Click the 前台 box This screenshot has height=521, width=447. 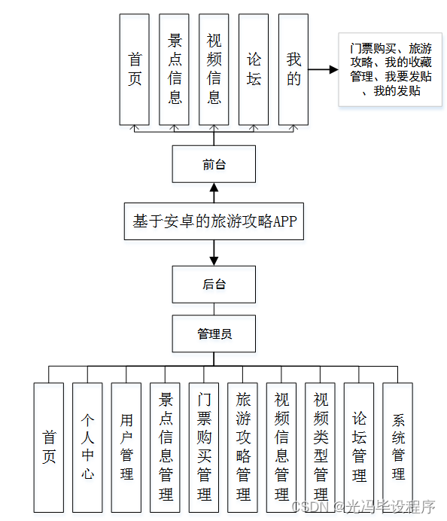pos(214,164)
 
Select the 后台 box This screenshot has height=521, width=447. pos(214,285)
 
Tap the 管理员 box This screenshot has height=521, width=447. pos(214,334)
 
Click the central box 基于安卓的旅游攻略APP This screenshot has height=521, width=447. pos(214,221)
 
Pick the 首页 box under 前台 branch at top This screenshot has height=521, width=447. pos(135,69)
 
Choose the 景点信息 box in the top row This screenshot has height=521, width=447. pos(175,69)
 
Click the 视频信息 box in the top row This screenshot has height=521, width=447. pos(214,69)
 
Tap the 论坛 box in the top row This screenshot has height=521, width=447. pos(254,69)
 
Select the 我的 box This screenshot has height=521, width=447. pos(293,69)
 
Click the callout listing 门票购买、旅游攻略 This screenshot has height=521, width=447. pos(391,69)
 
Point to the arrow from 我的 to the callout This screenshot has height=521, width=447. pos(323,69)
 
